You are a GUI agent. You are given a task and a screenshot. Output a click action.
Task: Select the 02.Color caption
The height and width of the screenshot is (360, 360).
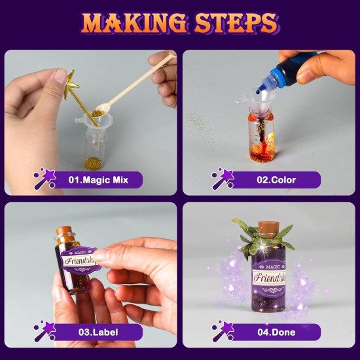275,179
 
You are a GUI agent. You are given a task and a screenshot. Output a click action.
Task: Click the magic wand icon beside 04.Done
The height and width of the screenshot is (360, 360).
223,331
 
